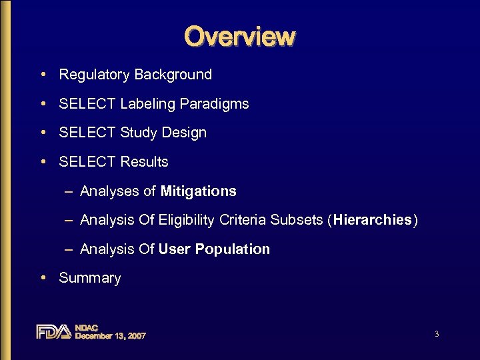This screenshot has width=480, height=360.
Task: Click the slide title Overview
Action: tap(239, 36)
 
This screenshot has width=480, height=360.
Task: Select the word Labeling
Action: tap(147, 104)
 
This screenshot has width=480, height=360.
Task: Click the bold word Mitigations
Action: tap(199, 191)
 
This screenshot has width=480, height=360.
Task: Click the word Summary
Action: tap(90, 278)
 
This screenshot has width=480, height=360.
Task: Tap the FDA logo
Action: tap(53, 331)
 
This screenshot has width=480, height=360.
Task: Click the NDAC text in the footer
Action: tap(87, 327)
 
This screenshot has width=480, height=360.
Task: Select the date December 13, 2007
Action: tap(110, 336)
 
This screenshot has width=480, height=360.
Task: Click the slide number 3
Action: tap(436, 334)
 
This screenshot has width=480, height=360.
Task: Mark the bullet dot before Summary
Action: tap(42, 277)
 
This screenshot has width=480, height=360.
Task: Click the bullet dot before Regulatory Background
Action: tap(42, 74)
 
